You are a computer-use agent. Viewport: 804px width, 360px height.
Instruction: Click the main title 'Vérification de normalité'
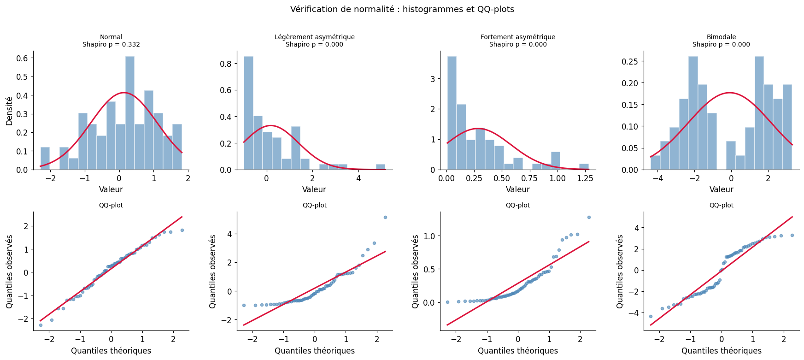tap(402, 9)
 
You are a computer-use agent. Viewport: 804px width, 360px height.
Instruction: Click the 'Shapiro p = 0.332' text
tap(111, 45)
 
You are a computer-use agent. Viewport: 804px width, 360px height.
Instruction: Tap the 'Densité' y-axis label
tap(9, 111)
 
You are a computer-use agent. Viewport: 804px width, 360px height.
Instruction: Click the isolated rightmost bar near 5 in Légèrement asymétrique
tap(380, 167)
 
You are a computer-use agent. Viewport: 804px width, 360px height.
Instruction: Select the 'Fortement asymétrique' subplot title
tap(517, 37)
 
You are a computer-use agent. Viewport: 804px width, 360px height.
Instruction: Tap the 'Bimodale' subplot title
tap(721, 37)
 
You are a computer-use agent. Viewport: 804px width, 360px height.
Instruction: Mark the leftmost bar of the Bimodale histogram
tap(655, 163)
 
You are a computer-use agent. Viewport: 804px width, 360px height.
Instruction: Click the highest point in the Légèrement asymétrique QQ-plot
tap(385, 217)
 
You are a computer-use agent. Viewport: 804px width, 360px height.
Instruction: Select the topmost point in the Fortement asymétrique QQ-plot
tap(588, 217)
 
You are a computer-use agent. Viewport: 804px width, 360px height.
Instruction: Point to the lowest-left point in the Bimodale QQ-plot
tap(651, 316)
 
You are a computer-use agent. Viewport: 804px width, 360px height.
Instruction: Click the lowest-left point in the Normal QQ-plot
tap(41, 325)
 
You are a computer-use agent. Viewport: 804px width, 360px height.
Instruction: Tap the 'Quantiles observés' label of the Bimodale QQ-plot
tap(620, 271)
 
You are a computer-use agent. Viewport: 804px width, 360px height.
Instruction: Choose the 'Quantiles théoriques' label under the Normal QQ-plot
tap(111, 351)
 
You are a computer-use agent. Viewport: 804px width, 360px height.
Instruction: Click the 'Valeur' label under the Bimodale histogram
tap(721, 189)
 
